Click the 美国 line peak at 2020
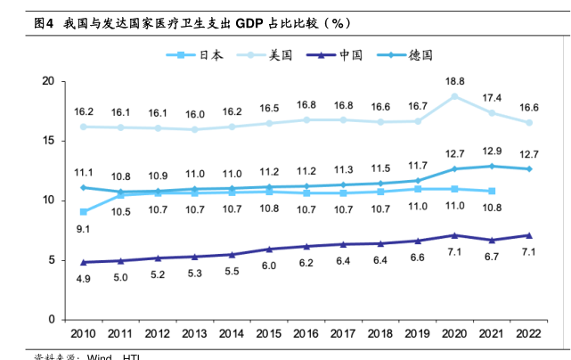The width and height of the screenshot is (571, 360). click(x=455, y=96)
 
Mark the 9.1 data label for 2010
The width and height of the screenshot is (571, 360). click(x=84, y=229)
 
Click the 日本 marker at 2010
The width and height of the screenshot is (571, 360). click(x=84, y=211)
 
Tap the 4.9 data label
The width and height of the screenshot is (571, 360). click(x=84, y=279)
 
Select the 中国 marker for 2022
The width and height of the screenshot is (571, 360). click(x=529, y=235)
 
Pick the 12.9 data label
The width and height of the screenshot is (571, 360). click(x=492, y=151)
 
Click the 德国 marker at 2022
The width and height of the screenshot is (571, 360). click(x=529, y=168)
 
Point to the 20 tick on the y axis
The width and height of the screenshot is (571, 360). click(x=49, y=82)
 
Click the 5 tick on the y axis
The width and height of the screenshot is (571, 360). click(x=53, y=260)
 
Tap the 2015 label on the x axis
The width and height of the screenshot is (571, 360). click(x=269, y=333)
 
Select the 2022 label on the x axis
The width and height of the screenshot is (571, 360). click(x=529, y=333)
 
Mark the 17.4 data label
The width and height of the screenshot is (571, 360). click(x=492, y=97)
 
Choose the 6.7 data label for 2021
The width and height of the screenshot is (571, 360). click(x=492, y=257)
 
